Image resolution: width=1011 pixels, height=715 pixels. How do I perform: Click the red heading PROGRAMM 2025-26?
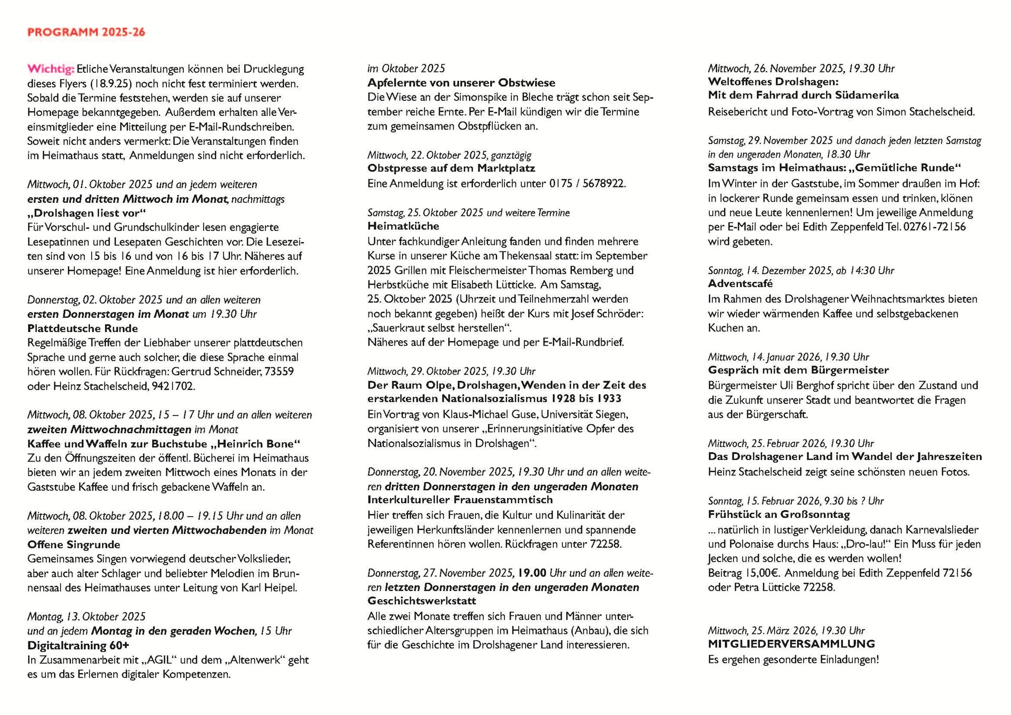click(86, 32)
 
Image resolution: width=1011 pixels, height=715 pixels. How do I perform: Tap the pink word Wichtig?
click(51, 69)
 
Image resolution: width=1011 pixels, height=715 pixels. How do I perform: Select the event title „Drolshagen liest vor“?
click(86, 213)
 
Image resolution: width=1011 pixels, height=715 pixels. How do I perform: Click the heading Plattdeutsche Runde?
click(83, 328)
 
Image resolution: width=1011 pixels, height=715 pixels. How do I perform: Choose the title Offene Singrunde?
click(74, 544)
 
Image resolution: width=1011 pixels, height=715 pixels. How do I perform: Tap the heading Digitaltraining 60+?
click(78, 645)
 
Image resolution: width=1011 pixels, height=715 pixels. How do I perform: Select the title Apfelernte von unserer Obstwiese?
click(461, 83)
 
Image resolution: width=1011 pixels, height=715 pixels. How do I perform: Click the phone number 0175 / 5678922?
click(587, 184)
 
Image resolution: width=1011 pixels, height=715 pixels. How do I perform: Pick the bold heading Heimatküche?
click(403, 226)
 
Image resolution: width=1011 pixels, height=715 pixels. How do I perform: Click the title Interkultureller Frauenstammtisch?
click(460, 499)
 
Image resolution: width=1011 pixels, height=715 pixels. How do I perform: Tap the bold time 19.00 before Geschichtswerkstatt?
click(532, 573)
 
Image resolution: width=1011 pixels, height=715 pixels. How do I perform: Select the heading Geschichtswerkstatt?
click(422, 601)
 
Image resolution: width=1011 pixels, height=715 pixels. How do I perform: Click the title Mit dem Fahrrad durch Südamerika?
click(803, 95)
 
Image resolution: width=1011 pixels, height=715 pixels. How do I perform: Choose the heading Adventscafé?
click(740, 283)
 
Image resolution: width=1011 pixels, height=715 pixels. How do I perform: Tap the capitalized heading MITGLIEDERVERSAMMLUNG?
click(791, 644)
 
